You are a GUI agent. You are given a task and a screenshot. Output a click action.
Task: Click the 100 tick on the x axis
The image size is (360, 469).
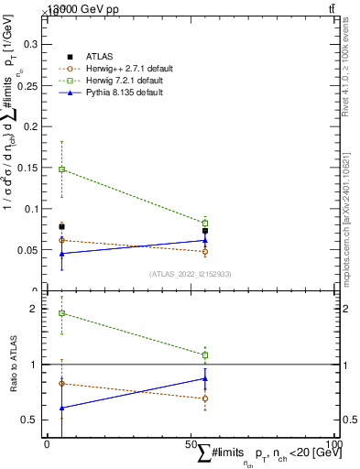click(335, 445)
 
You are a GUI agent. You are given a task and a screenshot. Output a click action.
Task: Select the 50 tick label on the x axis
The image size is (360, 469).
click(191, 445)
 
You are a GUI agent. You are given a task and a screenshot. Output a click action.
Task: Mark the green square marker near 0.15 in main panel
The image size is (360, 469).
click(61, 169)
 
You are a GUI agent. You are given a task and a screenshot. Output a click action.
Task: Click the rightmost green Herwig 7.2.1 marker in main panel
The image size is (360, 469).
click(205, 223)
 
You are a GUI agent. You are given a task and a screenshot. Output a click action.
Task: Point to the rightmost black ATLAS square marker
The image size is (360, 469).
click(205, 231)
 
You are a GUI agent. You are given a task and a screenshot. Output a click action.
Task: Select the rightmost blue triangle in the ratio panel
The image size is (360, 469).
click(205, 378)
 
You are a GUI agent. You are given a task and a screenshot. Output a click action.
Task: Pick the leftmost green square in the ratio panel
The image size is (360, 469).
click(61, 313)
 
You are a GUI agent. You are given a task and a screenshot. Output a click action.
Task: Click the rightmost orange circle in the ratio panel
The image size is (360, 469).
click(205, 398)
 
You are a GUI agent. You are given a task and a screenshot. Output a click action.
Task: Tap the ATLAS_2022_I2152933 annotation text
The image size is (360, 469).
click(191, 274)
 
